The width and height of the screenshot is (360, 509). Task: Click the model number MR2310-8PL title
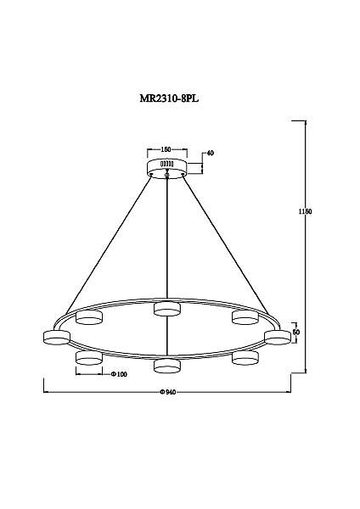click(169, 98)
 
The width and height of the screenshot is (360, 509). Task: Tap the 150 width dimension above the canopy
click(166, 149)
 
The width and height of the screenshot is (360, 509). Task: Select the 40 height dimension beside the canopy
click(211, 154)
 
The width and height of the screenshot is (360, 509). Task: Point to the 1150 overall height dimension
click(305, 211)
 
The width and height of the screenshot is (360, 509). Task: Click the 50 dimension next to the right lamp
click(296, 332)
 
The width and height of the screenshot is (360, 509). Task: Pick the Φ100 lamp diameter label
click(119, 374)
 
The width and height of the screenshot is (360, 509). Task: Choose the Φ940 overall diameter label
click(168, 392)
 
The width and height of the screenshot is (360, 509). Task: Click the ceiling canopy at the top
click(167, 168)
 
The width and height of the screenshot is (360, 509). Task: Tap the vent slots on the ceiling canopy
click(167, 164)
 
